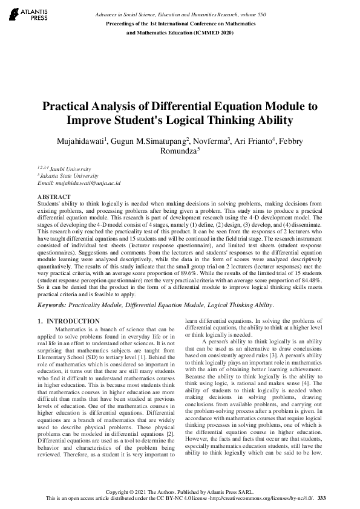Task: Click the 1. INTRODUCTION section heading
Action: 68,320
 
